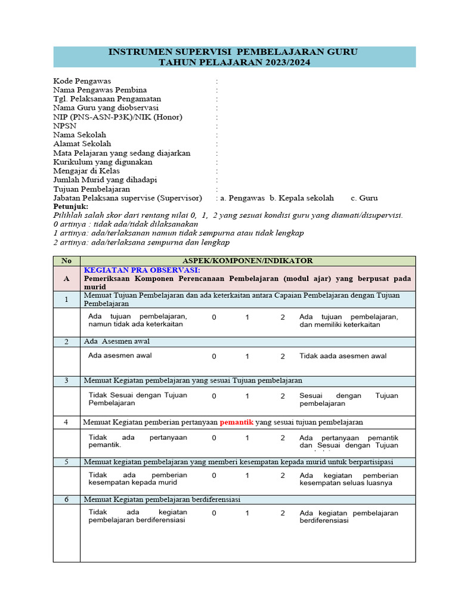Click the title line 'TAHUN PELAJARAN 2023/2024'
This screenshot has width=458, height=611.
click(234, 62)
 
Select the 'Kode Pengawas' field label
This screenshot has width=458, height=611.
click(82, 81)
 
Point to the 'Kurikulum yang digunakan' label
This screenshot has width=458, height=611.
click(103, 162)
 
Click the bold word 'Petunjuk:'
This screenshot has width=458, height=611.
click(70, 206)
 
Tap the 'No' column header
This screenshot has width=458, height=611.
click(66, 261)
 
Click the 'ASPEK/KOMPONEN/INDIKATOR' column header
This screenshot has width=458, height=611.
click(247, 261)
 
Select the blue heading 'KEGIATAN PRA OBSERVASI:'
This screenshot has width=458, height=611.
click(142, 270)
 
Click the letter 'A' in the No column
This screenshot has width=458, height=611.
click(66, 278)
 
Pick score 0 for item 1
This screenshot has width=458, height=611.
click(213, 317)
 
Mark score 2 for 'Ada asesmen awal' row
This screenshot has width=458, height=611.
click(283, 356)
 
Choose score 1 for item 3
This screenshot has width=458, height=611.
click(247, 396)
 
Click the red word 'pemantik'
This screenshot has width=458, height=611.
click(236, 422)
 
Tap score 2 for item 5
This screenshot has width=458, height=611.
click(283, 476)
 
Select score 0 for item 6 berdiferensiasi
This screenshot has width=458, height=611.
click(213, 513)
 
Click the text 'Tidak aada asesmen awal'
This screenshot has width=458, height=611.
click(342, 356)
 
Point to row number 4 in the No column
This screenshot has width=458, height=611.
click(66, 422)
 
